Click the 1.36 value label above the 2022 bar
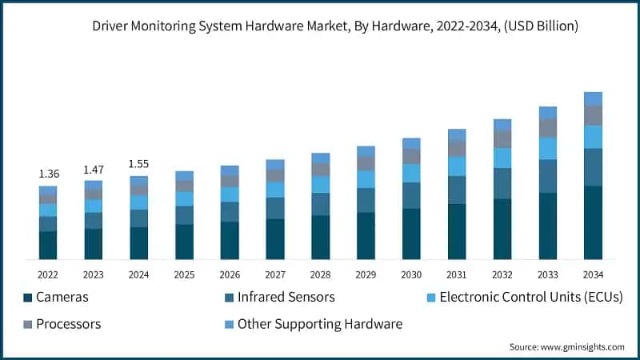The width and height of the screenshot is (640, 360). pos(48,174)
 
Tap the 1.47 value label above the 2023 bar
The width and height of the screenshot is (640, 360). pos(94,170)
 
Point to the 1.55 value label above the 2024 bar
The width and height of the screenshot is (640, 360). pos(139,164)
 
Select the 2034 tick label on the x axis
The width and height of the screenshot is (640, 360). pos(593,274)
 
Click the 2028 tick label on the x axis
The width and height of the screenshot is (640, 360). pos(320,274)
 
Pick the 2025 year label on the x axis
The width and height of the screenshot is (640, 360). pos(184,274)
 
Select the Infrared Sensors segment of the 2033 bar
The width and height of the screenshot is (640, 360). pos(547,176)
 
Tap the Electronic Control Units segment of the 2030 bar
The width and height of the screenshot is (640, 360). pos(411,173)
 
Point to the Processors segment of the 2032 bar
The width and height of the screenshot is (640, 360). pos(502,139)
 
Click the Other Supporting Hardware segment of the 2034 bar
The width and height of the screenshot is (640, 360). pos(593,98)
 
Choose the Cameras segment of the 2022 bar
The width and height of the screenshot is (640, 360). pos(48,245)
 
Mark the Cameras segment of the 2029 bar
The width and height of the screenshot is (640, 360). pos(366,235)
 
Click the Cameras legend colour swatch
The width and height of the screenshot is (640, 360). pos(29,298)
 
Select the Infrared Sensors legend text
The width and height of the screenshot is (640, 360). pos(286,298)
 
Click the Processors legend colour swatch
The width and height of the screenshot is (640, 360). pos(29,324)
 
